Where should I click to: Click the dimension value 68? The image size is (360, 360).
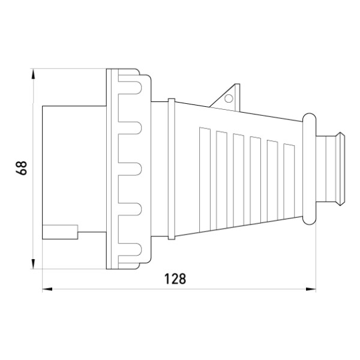click(22, 168)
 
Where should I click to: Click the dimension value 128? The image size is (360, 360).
click(175, 279)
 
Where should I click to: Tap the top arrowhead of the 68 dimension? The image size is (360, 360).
click(33, 74)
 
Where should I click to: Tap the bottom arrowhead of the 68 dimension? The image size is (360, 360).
click(33, 263)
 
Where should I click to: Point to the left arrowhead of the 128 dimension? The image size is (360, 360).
click(47, 289)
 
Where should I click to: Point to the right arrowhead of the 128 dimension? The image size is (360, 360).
click(311, 289)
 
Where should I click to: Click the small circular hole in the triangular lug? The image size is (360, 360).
click(229, 98)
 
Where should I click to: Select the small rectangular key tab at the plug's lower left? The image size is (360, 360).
click(60, 232)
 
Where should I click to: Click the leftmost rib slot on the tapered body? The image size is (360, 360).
click(205, 179)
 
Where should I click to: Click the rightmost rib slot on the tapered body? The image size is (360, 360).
click(289, 181)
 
